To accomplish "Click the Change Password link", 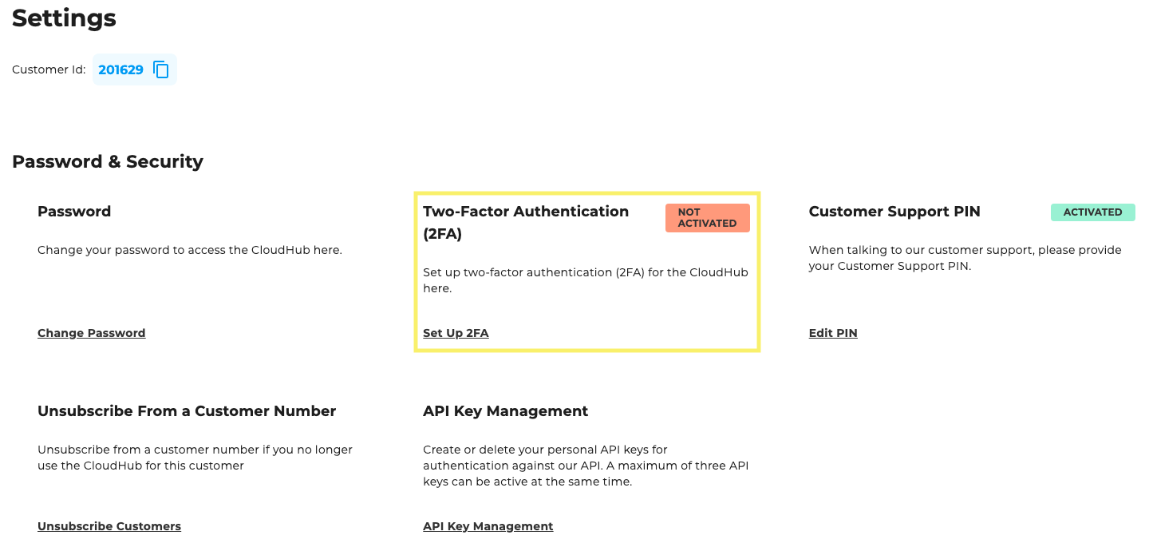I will tap(91, 333).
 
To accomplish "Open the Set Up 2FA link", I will tap(456, 333).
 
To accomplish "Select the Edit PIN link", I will tap(833, 333).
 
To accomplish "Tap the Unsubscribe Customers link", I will tap(109, 526).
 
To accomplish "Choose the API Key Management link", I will tap(488, 526).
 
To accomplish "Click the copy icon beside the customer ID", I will tap(161, 70).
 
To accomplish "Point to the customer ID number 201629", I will tap(120, 70).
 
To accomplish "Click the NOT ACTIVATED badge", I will tap(707, 218).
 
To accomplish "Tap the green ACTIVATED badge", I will tap(1092, 212).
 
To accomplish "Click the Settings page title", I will tap(64, 18).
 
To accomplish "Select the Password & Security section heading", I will tap(108, 161).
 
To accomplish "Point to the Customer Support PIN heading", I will tap(894, 212).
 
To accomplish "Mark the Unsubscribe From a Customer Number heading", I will tap(187, 411).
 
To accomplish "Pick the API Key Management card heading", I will tap(505, 411).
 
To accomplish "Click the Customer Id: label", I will tap(49, 70).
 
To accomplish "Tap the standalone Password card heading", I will tap(74, 212).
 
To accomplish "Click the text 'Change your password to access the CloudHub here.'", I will tap(190, 250).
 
